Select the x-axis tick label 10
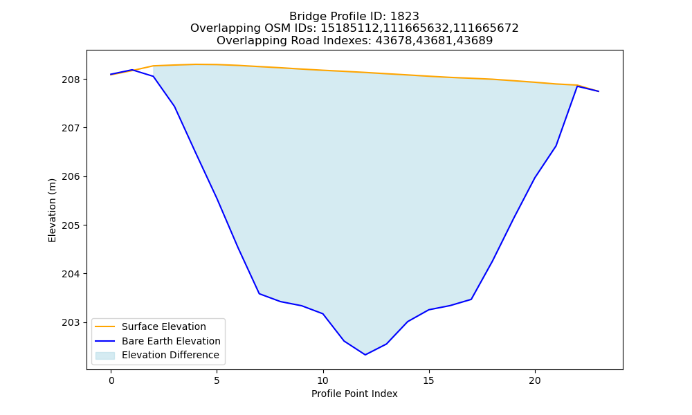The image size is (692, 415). point(323,380)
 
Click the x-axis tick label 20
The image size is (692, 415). point(535,380)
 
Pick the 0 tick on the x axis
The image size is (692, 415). point(111,380)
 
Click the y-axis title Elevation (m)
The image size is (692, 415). point(52,210)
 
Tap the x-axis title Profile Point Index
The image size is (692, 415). point(354,394)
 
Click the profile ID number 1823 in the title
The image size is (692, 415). point(405,17)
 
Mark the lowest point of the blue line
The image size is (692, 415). point(365,355)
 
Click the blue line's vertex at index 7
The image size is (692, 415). point(259,294)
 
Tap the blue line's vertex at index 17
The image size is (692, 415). point(471,299)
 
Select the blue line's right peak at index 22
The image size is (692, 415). point(577,86)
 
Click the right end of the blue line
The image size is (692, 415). point(599,91)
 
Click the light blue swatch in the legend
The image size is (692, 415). point(105,356)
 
